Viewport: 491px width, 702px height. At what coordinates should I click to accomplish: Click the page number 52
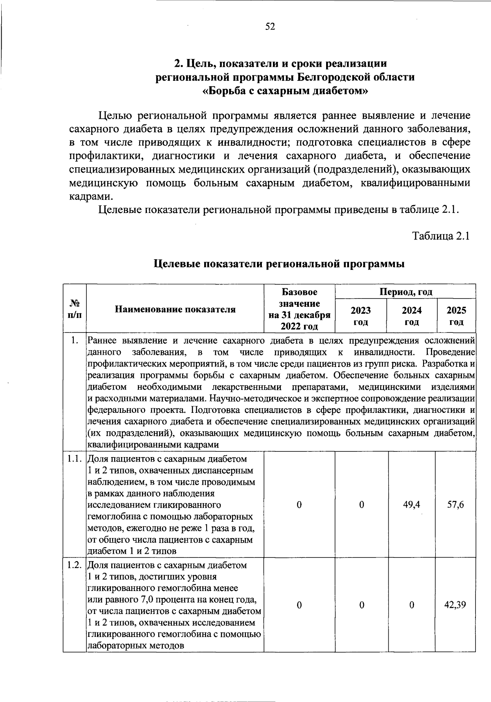[270, 27]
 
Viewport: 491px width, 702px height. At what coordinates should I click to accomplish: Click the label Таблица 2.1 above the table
[440, 236]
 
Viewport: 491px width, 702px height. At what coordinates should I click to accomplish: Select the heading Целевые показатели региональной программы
[279, 264]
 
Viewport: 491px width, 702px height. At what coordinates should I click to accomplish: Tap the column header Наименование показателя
[175, 309]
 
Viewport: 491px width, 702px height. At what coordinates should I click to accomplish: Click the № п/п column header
[74, 309]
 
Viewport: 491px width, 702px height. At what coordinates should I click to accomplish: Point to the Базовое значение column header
[299, 309]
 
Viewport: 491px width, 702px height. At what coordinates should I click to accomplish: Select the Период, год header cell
[405, 292]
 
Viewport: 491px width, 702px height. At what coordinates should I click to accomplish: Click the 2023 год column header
[361, 316]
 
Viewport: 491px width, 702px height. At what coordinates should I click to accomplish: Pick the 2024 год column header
[412, 316]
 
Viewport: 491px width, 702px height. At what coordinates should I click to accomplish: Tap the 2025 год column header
[456, 316]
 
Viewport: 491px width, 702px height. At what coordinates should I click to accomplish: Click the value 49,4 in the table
[412, 505]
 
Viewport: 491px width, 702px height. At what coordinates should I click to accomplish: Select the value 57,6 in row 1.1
[455, 505]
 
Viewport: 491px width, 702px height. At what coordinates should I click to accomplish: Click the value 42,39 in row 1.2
[455, 605]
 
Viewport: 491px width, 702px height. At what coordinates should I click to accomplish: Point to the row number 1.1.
[75, 459]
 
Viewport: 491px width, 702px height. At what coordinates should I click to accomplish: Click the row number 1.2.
[75, 565]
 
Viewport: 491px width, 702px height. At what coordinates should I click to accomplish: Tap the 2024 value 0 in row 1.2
[412, 605]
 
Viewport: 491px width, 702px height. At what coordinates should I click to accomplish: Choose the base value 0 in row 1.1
[299, 505]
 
